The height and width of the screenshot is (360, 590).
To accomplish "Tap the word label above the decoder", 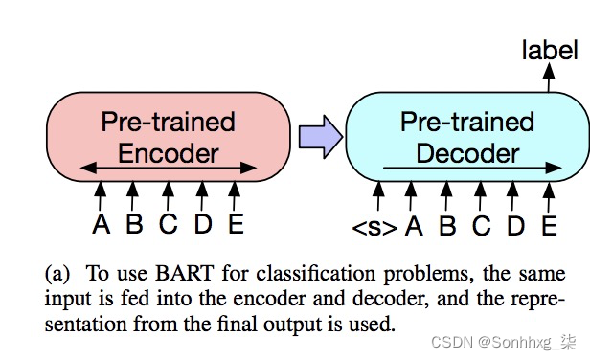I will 550,50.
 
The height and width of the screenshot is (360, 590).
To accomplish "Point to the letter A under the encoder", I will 101,225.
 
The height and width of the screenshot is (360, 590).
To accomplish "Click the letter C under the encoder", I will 168,225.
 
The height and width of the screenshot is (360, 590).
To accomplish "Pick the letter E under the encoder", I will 235,225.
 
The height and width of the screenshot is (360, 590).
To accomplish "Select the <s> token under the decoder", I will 374,227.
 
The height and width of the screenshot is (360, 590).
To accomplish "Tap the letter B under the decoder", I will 447,227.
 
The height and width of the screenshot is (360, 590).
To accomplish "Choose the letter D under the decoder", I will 515,227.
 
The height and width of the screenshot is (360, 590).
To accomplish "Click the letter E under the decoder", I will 549,227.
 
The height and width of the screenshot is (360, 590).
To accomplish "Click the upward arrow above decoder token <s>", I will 378,196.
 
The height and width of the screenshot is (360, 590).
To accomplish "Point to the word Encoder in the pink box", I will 169,152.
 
